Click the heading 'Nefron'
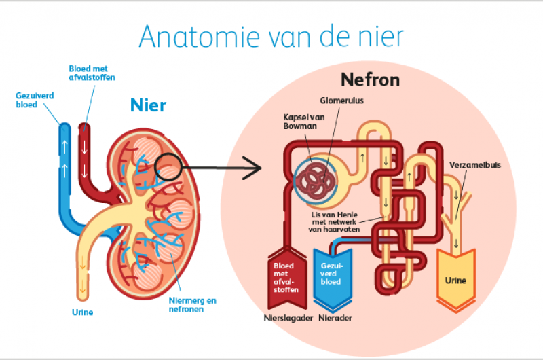(370, 81)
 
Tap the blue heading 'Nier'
(148, 106)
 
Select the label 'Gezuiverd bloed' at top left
(35, 100)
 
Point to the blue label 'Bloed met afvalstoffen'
(92, 73)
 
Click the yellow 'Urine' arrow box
(455, 278)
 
